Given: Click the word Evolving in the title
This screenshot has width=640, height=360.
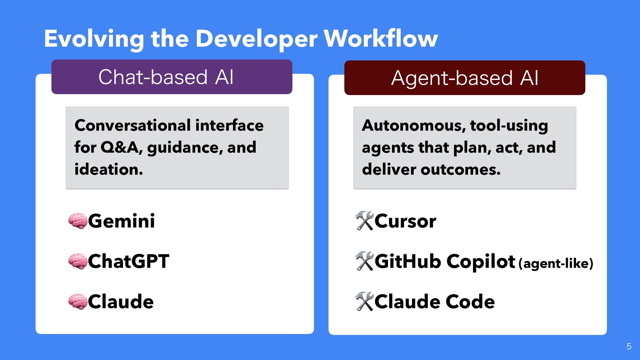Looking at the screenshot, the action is tap(94, 39).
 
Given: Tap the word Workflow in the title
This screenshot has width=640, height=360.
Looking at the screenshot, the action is tap(381, 39).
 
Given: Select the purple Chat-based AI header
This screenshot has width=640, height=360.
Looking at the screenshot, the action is tap(172, 77).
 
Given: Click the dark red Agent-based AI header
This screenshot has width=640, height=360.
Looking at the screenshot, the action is tap(465, 78).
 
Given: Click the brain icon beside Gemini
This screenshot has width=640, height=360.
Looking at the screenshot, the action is tap(78, 221).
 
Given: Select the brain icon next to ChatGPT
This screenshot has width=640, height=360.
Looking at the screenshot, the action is tap(78, 261).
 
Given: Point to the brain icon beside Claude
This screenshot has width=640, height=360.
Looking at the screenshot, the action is tap(78, 302).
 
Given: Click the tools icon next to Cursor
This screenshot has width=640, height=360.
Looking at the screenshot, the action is tap(364, 221).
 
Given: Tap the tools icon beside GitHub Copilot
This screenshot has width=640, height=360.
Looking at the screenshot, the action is tap(364, 261).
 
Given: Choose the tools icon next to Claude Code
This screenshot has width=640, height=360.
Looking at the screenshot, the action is tap(364, 302).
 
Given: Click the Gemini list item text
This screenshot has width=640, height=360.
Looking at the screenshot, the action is tap(121, 221).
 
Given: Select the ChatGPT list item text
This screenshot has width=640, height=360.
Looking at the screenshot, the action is tap(129, 261).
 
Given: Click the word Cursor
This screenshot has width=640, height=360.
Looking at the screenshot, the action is tap(405, 221).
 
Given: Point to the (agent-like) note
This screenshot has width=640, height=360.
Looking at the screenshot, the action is tap(556, 264).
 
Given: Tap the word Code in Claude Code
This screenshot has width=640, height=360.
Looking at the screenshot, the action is tap(470, 302).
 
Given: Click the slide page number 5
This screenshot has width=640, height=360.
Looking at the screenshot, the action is tap(629, 347).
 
